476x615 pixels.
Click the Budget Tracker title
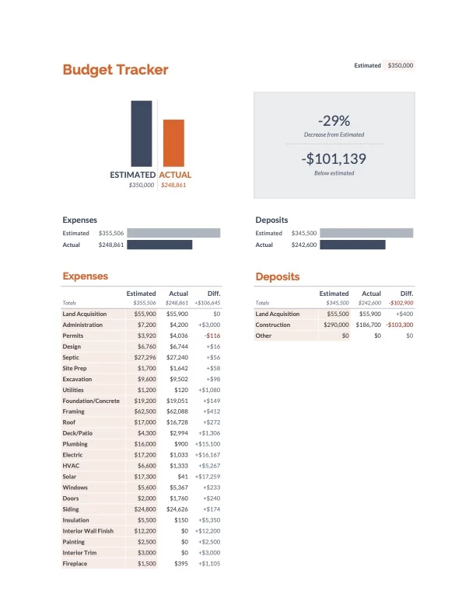(115, 70)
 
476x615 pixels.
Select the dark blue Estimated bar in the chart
(142, 134)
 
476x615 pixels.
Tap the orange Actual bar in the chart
(173, 143)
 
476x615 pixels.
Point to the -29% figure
(334, 120)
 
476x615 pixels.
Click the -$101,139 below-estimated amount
(334, 159)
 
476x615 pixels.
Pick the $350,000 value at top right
(400, 66)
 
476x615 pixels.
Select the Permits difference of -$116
(212, 335)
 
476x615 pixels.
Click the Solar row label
(71, 476)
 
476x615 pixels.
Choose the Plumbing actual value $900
(181, 444)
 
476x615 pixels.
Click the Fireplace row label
(76, 563)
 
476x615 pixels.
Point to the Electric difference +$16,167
(207, 455)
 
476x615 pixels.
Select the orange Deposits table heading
(277, 276)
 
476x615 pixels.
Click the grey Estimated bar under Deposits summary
(366, 233)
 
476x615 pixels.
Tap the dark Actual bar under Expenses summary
(159, 245)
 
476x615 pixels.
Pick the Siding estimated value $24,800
(145, 509)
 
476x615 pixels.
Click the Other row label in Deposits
(263, 335)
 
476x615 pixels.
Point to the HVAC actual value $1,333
(179, 466)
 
